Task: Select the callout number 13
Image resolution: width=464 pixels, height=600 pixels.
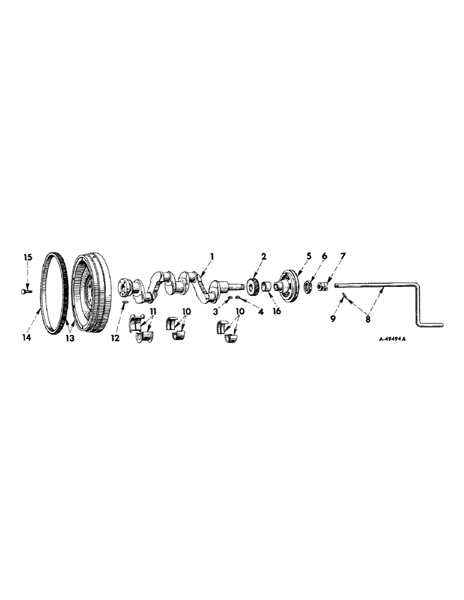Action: click(71, 338)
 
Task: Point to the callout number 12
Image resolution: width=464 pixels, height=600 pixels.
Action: click(115, 338)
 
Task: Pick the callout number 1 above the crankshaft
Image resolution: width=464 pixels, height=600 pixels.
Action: click(212, 256)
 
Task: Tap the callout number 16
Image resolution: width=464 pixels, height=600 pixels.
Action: click(276, 311)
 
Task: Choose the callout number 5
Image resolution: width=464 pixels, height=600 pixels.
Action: click(309, 256)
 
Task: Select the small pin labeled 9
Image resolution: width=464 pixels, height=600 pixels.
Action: click(340, 297)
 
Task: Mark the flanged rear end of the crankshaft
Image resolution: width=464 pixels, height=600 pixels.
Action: click(125, 287)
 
